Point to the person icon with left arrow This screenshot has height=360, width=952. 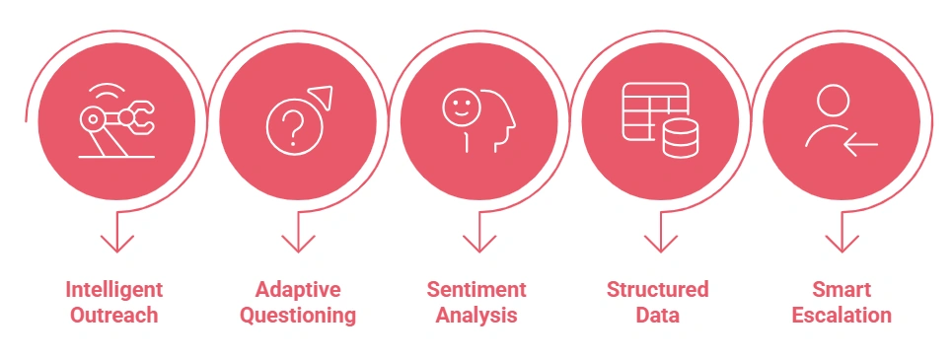click(840, 119)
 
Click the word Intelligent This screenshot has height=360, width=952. click(114, 290)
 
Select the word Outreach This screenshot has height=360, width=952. click(114, 316)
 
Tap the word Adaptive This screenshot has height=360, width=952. click(298, 290)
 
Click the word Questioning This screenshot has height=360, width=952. click(298, 316)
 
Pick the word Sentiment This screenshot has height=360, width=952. click(476, 290)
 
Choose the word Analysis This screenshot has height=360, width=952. click(476, 316)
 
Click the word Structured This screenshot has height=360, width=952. click(657, 290)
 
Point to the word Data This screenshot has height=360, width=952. click(657, 316)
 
